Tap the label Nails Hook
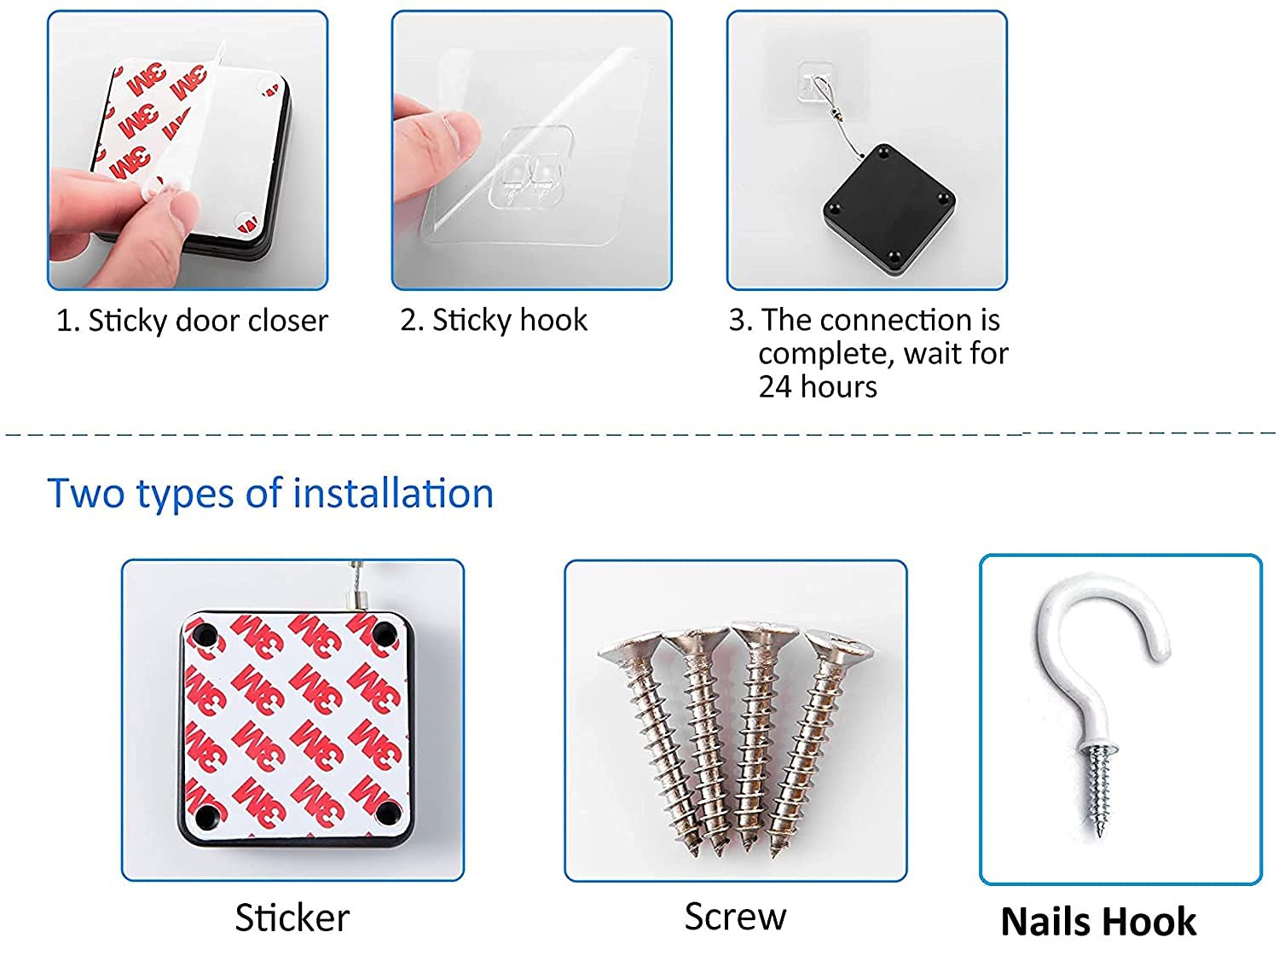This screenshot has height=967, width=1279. [x=1098, y=922]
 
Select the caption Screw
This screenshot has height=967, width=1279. [x=735, y=917]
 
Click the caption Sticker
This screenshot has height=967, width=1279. [x=292, y=918]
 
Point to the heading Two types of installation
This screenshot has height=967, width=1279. [x=270, y=494]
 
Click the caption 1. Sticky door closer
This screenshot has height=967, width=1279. [x=192, y=321]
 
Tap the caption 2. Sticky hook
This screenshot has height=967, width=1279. [x=494, y=321]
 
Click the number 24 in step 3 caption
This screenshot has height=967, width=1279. [x=776, y=387]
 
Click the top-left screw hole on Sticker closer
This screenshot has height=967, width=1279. [x=205, y=635]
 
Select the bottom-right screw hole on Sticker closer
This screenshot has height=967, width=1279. [x=389, y=814]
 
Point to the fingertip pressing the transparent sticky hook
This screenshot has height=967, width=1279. [x=460, y=135]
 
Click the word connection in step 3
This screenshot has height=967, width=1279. [x=898, y=320]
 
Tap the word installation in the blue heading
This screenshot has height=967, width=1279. [x=393, y=493]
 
